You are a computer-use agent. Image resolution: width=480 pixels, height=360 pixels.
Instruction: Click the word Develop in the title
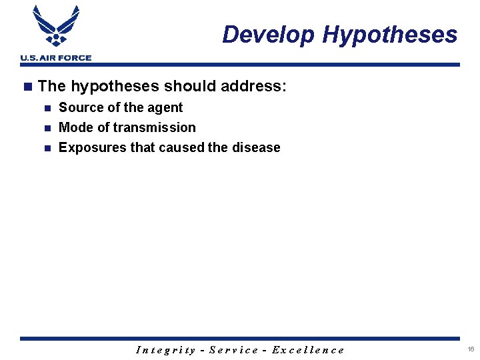(268, 35)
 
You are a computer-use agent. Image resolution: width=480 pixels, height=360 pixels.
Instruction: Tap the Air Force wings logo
(56, 27)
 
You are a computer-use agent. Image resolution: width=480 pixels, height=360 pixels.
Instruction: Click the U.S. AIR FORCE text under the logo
(56, 58)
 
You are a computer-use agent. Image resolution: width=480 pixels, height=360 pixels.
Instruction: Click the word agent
(165, 108)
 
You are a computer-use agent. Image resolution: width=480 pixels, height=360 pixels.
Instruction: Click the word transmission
(155, 127)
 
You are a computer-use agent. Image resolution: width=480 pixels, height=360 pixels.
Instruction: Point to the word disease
(255, 147)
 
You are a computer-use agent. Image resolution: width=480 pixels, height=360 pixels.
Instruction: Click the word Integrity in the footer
(165, 350)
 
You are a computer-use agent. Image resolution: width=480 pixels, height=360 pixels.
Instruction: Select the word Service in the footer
(233, 350)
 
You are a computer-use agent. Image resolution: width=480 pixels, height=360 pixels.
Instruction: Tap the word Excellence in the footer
(308, 350)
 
